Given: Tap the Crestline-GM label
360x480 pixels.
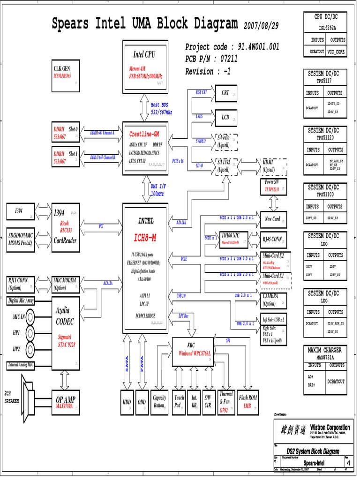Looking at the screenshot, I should pos(144,135).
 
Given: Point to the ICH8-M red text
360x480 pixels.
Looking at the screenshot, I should pos(145,238).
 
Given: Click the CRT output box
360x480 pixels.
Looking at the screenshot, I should pos(225,93).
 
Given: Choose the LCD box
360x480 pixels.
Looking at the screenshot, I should pos(225,118).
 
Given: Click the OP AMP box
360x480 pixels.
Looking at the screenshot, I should pos(66,402).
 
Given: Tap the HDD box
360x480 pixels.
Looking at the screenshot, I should pos(127,402).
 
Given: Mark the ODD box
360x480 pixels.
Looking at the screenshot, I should pos(142,402).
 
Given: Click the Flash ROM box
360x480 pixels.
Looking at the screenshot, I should pos(248,402).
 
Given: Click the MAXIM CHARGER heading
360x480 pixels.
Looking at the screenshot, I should pos(325,350).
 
